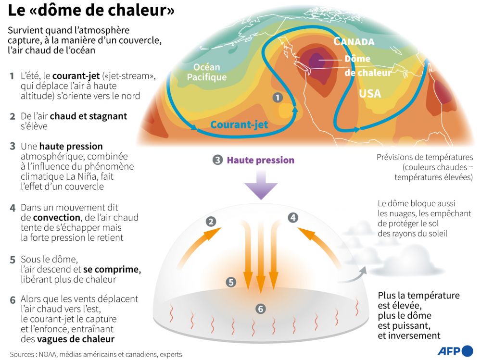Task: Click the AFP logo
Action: (x=455, y=350)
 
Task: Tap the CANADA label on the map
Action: (x=354, y=41)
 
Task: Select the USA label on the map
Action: (x=370, y=93)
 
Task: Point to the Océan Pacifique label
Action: (x=207, y=72)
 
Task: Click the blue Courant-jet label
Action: (x=239, y=124)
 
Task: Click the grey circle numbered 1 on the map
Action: (x=278, y=98)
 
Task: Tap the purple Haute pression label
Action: (x=260, y=160)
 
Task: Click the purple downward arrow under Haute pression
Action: (x=261, y=185)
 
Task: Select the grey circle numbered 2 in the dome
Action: (x=211, y=222)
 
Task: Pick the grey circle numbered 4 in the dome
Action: (x=293, y=218)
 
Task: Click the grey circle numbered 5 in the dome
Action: (x=231, y=282)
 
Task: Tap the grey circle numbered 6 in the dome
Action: (x=261, y=309)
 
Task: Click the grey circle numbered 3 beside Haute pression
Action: (x=217, y=160)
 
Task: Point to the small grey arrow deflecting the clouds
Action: (x=352, y=275)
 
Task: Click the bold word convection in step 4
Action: (x=56, y=217)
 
